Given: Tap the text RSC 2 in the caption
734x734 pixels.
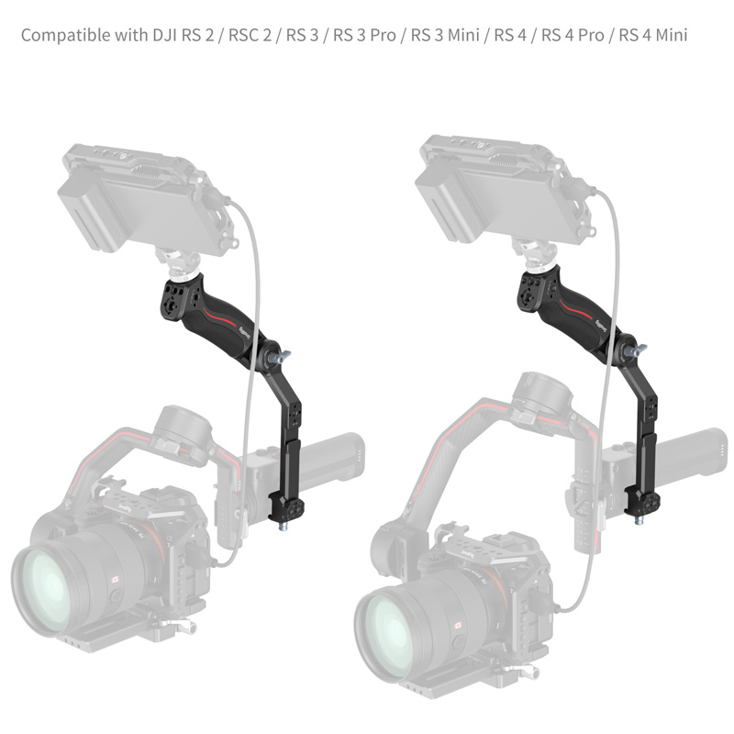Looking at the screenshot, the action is (250, 35).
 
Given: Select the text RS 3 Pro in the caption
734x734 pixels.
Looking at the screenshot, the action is (364, 35).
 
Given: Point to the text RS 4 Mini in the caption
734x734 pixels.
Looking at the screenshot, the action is (653, 35).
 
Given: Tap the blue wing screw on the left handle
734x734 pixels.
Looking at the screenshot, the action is (284, 357).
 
